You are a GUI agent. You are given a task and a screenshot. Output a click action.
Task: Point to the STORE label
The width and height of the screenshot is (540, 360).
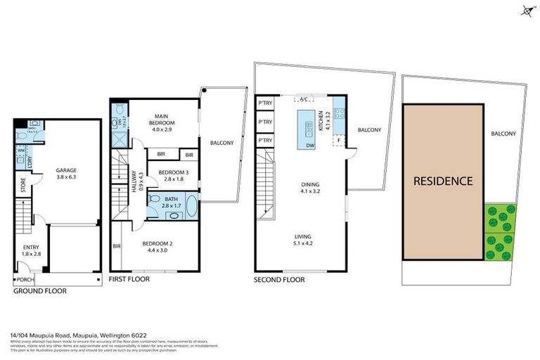(23, 186)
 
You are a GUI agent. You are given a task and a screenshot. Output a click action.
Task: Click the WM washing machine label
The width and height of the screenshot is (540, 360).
(20, 150)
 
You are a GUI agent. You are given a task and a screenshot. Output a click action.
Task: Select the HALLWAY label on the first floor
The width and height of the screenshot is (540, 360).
(141, 179)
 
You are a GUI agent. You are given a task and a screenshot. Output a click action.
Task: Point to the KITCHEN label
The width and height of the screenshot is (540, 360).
(321, 122)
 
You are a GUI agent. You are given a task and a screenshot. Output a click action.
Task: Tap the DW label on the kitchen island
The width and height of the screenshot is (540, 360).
(309, 146)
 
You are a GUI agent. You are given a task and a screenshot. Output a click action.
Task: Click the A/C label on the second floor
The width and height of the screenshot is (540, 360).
(304, 100)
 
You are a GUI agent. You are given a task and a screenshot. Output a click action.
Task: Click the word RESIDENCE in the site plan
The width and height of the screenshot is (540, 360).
(442, 181)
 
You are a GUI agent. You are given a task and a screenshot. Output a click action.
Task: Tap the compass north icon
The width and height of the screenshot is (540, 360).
(526, 10)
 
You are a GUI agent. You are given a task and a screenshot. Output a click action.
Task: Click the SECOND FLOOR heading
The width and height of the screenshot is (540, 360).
(279, 280)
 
